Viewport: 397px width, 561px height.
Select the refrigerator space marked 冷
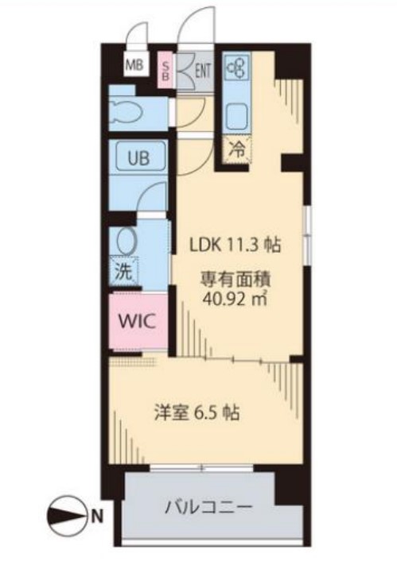pos(236,148)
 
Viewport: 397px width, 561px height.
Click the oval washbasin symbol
pos(126,241)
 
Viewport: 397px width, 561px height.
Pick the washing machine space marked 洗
pos(125,270)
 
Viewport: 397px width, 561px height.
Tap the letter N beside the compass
pos(96,517)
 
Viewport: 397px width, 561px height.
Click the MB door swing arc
pos(138,35)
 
